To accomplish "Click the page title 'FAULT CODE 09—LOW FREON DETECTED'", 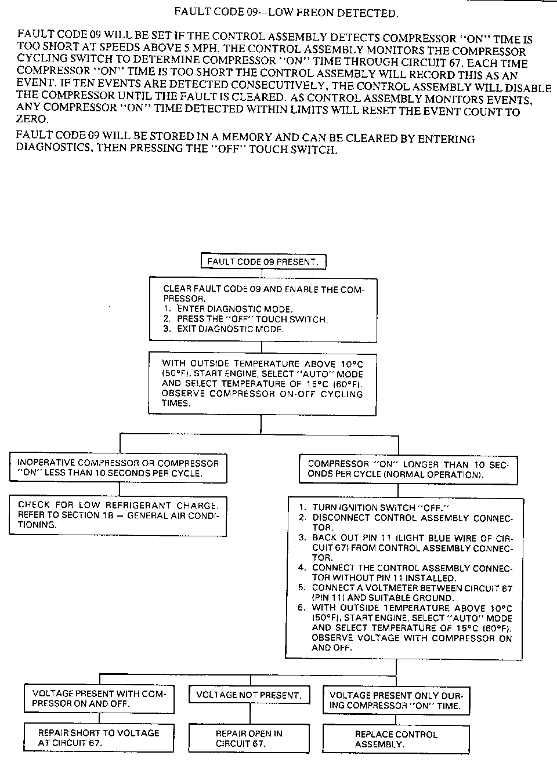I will [286, 12].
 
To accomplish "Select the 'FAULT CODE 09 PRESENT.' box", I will [263, 261].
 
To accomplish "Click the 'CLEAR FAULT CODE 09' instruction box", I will [262, 309].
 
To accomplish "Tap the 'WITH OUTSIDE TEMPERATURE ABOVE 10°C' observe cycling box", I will [262, 383].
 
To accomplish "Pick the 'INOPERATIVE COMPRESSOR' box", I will [118, 468].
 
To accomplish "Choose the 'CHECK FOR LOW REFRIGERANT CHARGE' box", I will [118, 515].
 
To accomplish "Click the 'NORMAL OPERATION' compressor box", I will [408, 469].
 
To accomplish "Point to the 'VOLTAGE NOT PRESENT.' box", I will [249, 695].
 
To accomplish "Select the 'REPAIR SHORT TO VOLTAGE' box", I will [99, 738].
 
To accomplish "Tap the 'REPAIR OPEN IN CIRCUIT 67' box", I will [249, 738].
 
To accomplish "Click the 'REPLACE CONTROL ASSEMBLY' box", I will [396, 739].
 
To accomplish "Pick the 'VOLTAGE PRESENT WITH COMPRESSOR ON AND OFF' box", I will [99, 699].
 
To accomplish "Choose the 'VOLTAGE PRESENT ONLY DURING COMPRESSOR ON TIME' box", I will [396, 700].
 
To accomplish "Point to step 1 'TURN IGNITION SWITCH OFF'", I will [381, 507].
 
